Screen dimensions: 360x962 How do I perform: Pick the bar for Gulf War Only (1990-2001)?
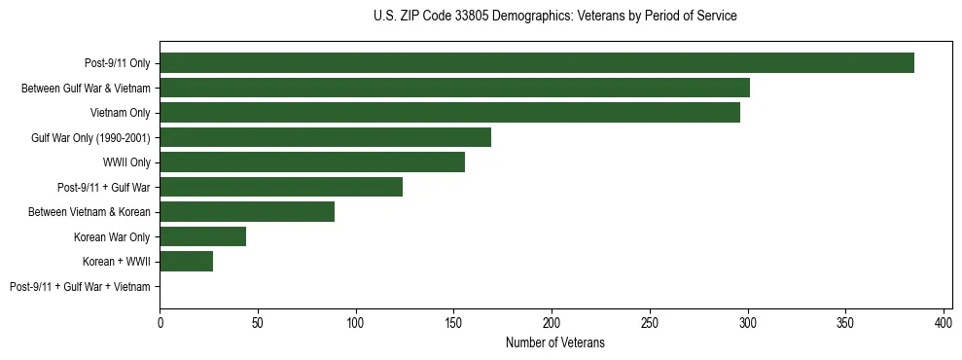pyautogui.click(x=325, y=137)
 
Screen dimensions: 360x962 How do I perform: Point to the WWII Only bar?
pyautogui.click(x=312, y=162)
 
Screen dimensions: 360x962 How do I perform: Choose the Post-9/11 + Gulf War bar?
pyautogui.click(x=281, y=187)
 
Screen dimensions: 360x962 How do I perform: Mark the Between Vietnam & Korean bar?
pyautogui.click(x=247, y=212)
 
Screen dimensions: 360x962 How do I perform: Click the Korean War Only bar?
pyautogui.click(x=202, y=236)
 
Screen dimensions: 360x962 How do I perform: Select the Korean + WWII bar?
pyautogui.click(x=186, y=261)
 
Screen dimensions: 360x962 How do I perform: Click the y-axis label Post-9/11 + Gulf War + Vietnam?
pyautogui.click(x=80, y=287)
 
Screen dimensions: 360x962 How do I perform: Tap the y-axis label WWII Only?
pyautogui.click(x=126, y=162)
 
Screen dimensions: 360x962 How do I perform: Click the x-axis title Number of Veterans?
pyautogui.click(x=554, y=342)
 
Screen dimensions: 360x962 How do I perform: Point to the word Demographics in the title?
pyautogui.click(x=526, y=17)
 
